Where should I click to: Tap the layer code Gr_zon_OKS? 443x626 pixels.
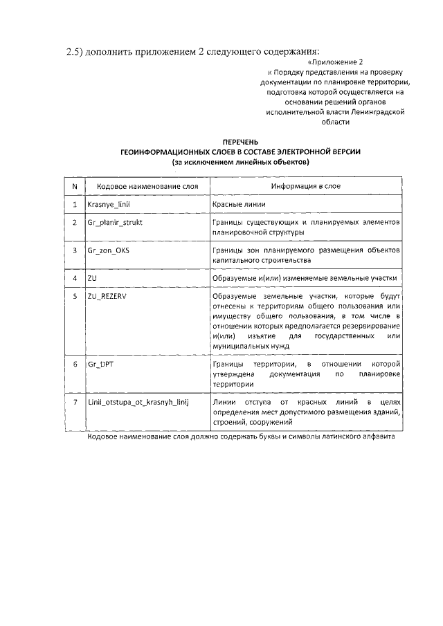pyautogui.click(x=109, y=250)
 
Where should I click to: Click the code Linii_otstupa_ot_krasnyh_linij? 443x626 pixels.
pyautogui.click(x=138, y=401)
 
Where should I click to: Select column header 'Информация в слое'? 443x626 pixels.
pyautogui.click(x=305, y=186)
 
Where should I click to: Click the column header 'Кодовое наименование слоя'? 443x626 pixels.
pyautogui.click(x=147, y=186)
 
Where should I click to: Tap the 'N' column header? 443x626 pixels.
pyautogui.click(x=74, y=186)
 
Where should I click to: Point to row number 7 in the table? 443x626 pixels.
pyautogui.click(x=74, y=401)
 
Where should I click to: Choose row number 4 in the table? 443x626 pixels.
pyautogui.click(x=74, y=277)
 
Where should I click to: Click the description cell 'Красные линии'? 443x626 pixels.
pyautogui.click(x=239, y=205)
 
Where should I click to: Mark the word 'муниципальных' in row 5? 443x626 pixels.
pyautogui.click(x=243, y=345)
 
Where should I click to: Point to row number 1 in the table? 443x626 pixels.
pyautogui.click(x=74, y=205)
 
